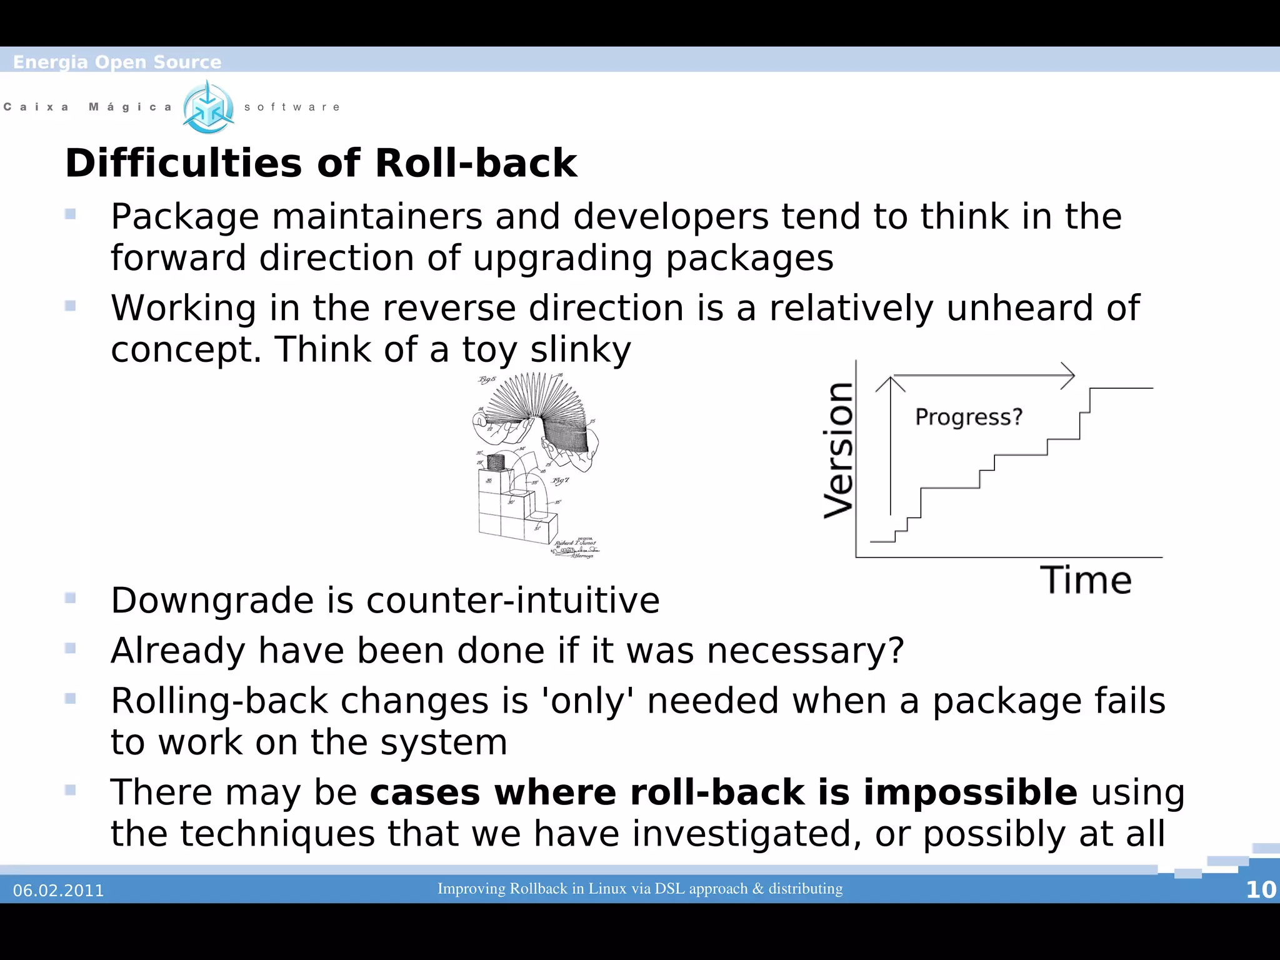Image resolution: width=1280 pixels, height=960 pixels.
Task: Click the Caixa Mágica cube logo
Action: (x=208, y=107)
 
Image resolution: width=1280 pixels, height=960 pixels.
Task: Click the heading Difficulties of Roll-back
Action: (x=321, y=163)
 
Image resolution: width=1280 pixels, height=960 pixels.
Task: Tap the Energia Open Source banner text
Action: (x=117, y=62)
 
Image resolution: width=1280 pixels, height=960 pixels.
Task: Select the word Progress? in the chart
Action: (x=968, y=417)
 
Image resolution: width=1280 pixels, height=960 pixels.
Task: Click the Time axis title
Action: (x=1086, y=580)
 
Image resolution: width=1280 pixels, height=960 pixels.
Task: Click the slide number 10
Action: (x=1261, y=889)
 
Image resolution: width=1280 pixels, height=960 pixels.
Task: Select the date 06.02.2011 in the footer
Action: (x=59, y=891)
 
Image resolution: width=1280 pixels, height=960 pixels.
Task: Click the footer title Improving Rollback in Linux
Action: (x=639, y=888)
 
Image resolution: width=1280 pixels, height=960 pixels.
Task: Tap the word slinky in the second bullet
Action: (x=580, y=349)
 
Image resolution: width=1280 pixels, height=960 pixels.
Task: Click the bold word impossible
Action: (x=970, y=792)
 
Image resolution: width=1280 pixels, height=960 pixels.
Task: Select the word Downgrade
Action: (x=212, y=601)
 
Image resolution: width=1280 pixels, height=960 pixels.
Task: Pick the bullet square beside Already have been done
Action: (x=70, y=648)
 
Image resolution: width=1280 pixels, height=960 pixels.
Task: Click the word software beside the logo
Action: (x=292, y=107)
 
